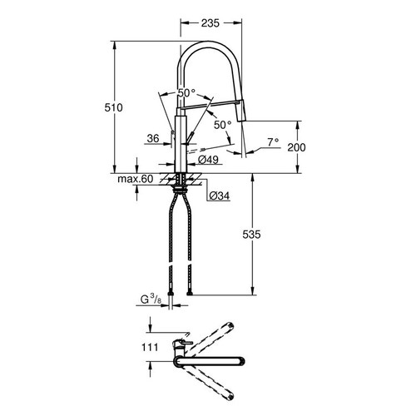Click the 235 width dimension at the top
click(x=210, y=23)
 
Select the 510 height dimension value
click(x=113, y=107)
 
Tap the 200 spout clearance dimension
click(x=296, y=147)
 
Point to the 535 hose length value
click(x=251, y=235)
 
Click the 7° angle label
click(x=273, y=142)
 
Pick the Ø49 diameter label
click(x=209, y=160)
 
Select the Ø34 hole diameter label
click(x=220, y=196)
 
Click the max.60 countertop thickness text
click(x=136, y=179)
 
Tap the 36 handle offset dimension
click(x=153, y=138)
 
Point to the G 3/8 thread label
click(x=151, y=300)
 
